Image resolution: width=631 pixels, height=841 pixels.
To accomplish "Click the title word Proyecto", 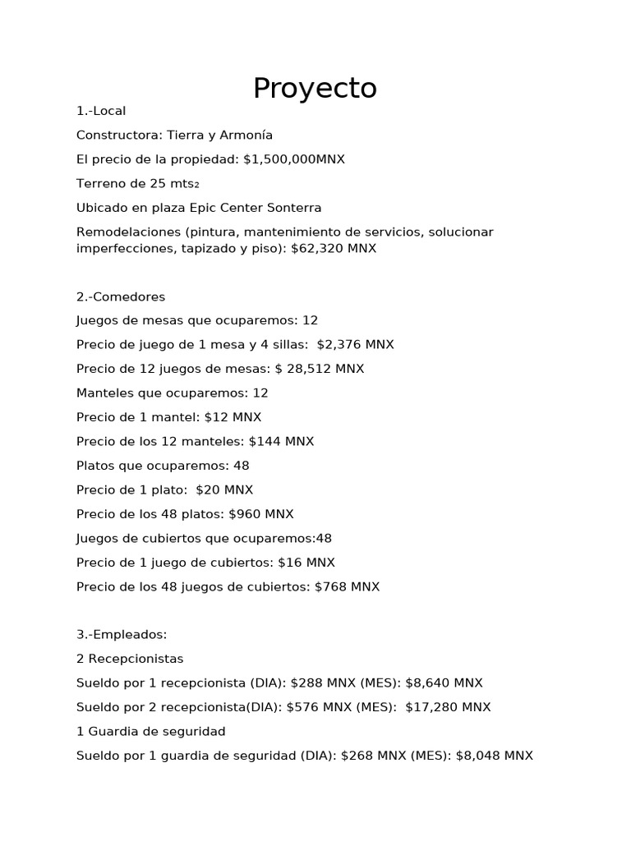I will coord(315,88).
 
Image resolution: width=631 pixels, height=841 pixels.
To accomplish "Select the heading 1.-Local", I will coord(101,111).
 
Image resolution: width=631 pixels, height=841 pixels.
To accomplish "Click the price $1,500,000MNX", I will coord(294,159).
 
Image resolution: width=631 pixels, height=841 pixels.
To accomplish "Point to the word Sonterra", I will coord(293,208).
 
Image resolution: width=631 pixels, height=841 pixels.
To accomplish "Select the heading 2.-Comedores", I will coord(121,296).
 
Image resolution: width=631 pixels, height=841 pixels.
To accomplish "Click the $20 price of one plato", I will coord(209,489).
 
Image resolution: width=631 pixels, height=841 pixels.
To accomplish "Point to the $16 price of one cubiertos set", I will coord(288,563).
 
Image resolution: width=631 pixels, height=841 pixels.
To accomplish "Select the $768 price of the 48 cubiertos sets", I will coord(330,586).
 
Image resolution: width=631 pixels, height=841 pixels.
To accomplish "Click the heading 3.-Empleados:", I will coord(122,635).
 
